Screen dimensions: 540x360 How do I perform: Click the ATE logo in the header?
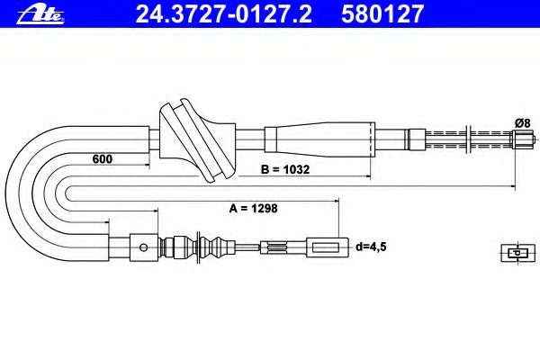(x=40, y=15)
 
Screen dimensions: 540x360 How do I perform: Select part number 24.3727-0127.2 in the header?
(x=223, y=14)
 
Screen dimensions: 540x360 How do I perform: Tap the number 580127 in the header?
(x=382, y=14)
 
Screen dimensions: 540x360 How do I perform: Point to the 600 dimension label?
(x=103, y=159)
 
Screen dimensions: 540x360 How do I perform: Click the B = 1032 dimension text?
(x=285, y=169)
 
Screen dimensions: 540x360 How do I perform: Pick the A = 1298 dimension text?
(x=253, y=209)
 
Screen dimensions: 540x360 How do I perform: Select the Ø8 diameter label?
(x=522, y=123)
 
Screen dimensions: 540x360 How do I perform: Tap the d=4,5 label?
(x=371, y=247)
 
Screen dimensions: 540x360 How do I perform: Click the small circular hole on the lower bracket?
(x=144, y=247)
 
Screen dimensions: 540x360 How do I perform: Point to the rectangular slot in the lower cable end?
(x=325, y=247)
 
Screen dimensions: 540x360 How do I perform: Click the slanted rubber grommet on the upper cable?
(x=196, y=140)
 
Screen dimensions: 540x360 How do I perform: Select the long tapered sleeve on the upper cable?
(x=319, y=139)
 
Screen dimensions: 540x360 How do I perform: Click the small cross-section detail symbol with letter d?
(x=517, y=253)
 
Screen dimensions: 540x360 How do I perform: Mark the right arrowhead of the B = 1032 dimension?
(x=368, y=176)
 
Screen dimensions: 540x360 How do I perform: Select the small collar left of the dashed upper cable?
(x=417, y=139)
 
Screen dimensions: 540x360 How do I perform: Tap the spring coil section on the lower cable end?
(x=277, y=247)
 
